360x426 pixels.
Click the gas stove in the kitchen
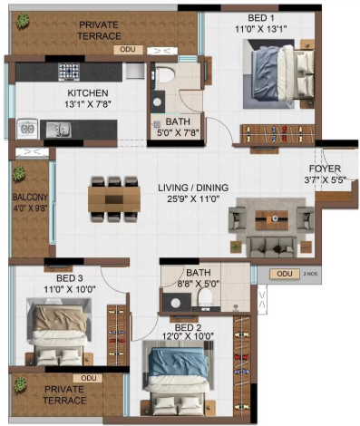pyautogui.click(x=69, y=72)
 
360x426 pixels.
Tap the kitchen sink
pyautogui.click(x=59, y=130)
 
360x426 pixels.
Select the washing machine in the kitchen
pyautogui.click(x=27, y=129)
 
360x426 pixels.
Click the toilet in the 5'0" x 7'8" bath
pyautogui.click(x=164, y=74)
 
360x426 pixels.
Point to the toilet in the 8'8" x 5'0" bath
pyautogui.click(x=206, y=296)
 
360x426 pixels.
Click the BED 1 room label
pyautogui.click(x=261, y=18)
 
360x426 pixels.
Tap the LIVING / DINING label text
pyautogui.click(x=193, y=188)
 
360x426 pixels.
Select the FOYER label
pyautogui.click(x=325, y=169)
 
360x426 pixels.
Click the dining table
pyautogui.click(x=114, y=199)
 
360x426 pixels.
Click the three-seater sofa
pyautogui.click(x=271, y=247)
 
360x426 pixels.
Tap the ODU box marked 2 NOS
pyautogui.click(x=285, y=274)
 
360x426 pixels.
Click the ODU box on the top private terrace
pyautogui.click(x=128, y=50)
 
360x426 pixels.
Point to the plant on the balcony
pyautogui.click(x=19, y=173)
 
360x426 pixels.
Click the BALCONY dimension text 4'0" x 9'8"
pyautogui.click(x=30, y=208)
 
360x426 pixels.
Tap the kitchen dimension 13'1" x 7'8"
pyautogui.click(x=88, y=104)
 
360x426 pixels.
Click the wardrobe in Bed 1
pyautogui.click(x=277, y=134)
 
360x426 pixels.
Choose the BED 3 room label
pyautogui.click(x=70, y=277)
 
